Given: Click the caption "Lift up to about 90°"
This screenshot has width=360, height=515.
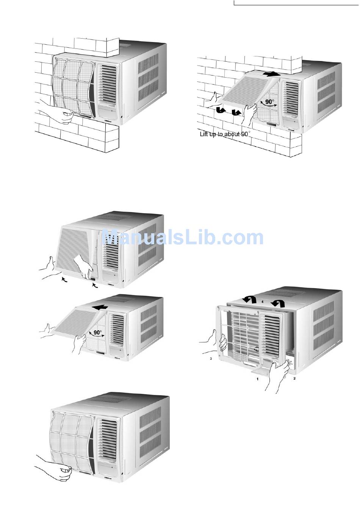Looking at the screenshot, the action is (x=225, y=134).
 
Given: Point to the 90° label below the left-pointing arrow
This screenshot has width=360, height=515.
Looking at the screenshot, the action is (x=98, y=332).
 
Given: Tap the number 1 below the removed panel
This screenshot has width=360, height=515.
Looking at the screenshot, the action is (x=258, y=378).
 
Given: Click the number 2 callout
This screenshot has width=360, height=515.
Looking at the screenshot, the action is (x=295, y=378).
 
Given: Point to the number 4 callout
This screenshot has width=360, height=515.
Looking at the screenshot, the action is (x=262, y=302).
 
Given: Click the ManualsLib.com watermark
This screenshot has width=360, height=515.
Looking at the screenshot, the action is (x=183, y=238).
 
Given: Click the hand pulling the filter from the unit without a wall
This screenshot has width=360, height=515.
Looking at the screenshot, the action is (x=57, y=471).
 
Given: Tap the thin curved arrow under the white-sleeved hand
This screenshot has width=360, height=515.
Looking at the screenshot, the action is (x=96, y=286).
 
